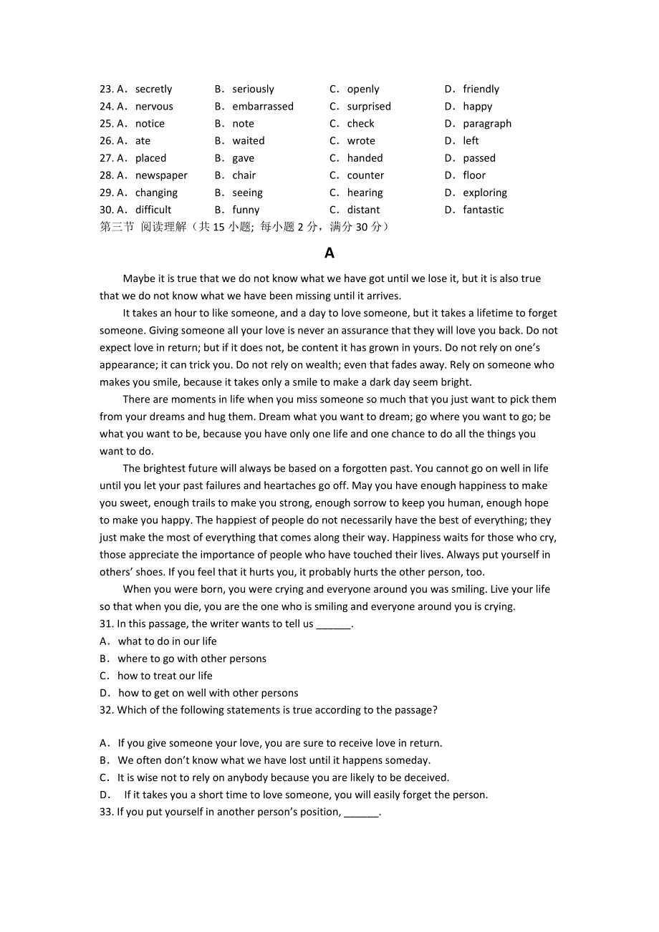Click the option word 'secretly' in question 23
(x=153, y=89)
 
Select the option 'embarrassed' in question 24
(x=263, y=107)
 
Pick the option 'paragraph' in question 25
(x=487, y=124)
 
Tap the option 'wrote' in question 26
(x=361, y=141)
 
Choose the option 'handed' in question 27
(x=365, y=158)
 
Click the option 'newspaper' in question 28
(x=161, y=175)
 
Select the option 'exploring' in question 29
(x=485, y=193)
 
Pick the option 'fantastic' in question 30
(x=484, y=210)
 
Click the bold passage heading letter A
(x=329, y=253)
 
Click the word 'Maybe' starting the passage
(x=138, y=278)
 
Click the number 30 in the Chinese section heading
(x=363, y=227)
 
